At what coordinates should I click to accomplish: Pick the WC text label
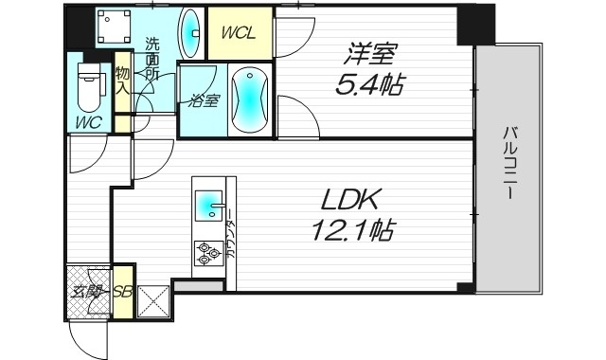[x=88, y=122]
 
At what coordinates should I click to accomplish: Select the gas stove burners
[x=206, y=252]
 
